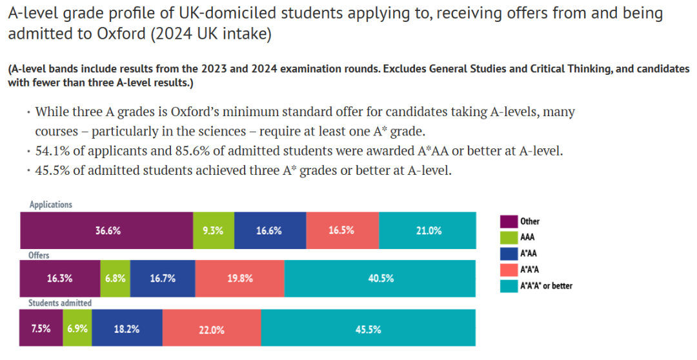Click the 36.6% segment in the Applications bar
107,230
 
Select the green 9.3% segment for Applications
213,230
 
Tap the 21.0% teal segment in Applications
428,230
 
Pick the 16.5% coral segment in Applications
342,230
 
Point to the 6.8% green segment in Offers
115,279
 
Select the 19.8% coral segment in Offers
239,279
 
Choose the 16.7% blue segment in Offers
162,279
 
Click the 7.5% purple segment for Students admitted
41,328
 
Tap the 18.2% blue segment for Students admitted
126,328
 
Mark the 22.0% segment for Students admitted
212,328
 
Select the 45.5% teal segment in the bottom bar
368,328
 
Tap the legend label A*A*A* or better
546,286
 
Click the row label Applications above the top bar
51,205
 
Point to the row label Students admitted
59,303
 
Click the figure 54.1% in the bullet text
52,152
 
